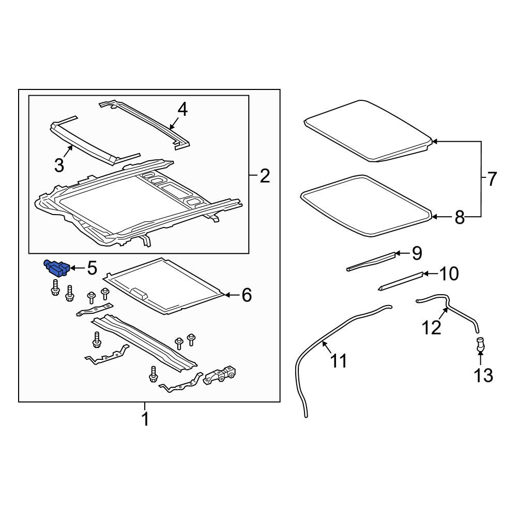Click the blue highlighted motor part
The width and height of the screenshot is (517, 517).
pos(57,267)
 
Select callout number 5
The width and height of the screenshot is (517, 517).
pos(92,268)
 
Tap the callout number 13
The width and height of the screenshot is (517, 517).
pos(483,375)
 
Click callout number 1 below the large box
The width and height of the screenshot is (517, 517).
pos(145,419)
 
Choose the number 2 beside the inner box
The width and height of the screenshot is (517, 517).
pos(265,176)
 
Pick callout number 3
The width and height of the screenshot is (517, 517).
pos(59,165)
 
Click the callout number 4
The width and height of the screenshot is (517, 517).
pos(183,110)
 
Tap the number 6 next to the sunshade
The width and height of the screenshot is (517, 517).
pos(247,295)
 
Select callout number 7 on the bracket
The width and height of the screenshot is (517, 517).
pos(491,179)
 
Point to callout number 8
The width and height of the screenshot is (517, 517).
pos(460,218)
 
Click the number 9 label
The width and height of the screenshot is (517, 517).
pos(417,253)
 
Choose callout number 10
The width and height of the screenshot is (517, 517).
pos(449,273)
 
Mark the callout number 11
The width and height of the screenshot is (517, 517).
pos(339,361)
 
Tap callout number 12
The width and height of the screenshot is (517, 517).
pos(432,328)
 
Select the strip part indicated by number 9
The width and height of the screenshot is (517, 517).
pos(371,262)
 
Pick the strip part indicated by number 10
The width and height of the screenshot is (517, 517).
pos(401,281)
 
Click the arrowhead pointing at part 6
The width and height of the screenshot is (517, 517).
pos(226,295)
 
